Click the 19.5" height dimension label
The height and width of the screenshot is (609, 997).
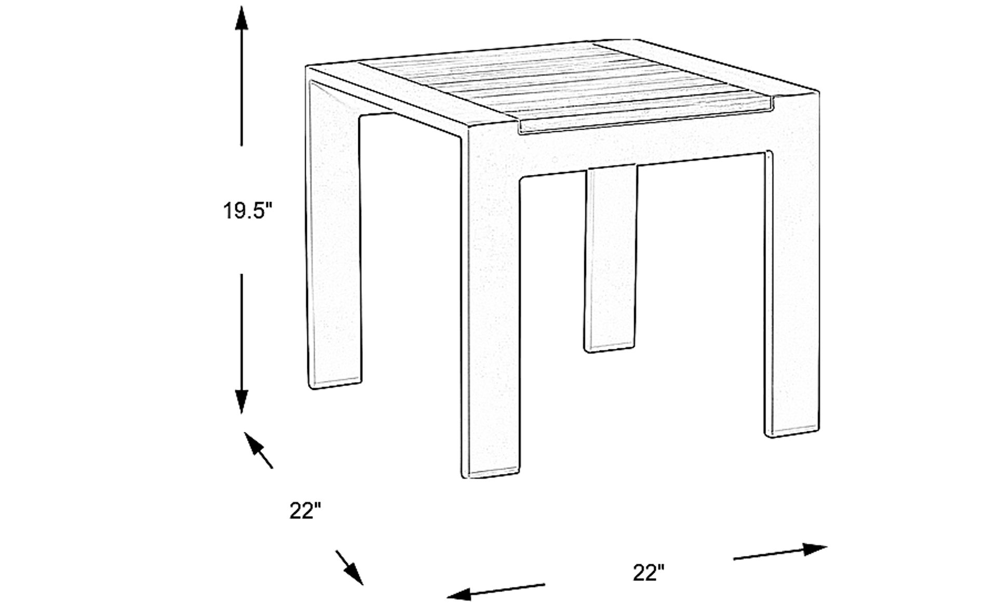click(x=248, y=211)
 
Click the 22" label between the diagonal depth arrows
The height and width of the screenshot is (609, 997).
click(x=305, y=511)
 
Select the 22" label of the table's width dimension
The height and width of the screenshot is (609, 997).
click(x=649, y=573)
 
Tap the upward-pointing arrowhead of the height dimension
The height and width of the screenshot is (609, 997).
click(x=241, y=21)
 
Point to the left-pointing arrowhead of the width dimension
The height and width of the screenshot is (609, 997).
click(x=460, y=593)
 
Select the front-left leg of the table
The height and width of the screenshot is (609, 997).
click(x=490, y=312)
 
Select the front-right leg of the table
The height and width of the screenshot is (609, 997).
click(x=793, y=291)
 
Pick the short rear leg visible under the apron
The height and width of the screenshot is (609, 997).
click(x=611, y=260)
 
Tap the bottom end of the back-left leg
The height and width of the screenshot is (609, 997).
click(x=335, y=384)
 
